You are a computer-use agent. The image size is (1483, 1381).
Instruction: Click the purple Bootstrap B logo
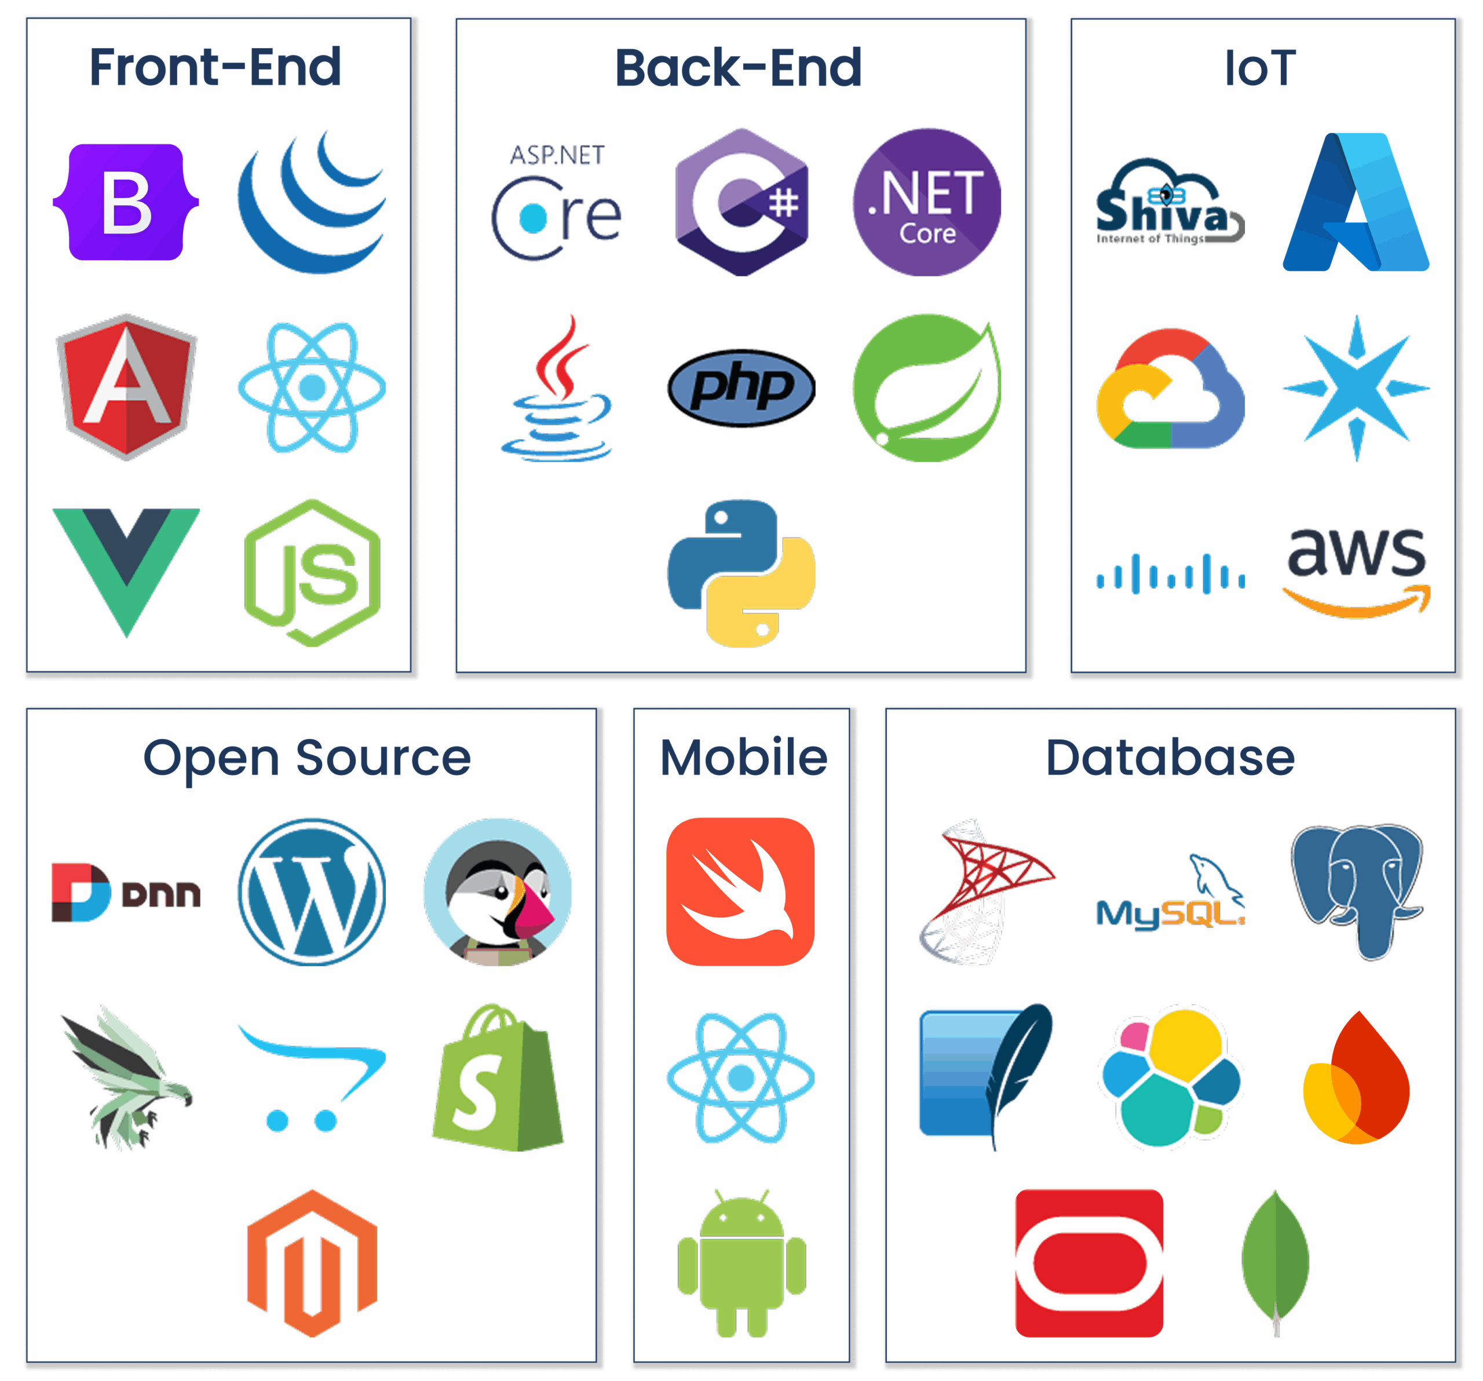point(126,202)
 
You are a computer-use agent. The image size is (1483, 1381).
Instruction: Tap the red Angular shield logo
point(126,387)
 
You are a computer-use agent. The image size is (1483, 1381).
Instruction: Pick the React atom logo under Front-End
point(312,387)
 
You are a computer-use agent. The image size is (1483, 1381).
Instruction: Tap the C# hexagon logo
point(741,202)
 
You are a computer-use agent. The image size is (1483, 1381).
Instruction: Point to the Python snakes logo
point(741,573)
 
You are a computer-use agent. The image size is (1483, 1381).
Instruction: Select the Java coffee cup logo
point(557,388)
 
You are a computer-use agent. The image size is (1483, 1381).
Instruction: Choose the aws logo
point(1356,573)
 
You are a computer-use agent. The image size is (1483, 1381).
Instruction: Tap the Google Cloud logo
point(1170,388)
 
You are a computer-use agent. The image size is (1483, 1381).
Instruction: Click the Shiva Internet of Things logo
point(1170,202)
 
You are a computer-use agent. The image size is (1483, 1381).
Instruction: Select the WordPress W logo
point(312,892)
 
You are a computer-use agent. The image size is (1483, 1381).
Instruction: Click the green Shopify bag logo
point(498,1077)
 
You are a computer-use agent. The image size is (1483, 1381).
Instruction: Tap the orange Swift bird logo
point(741,892)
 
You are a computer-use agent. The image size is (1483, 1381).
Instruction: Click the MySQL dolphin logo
point(1170,892)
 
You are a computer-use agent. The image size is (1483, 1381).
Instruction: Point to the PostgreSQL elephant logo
point(1357,892)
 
